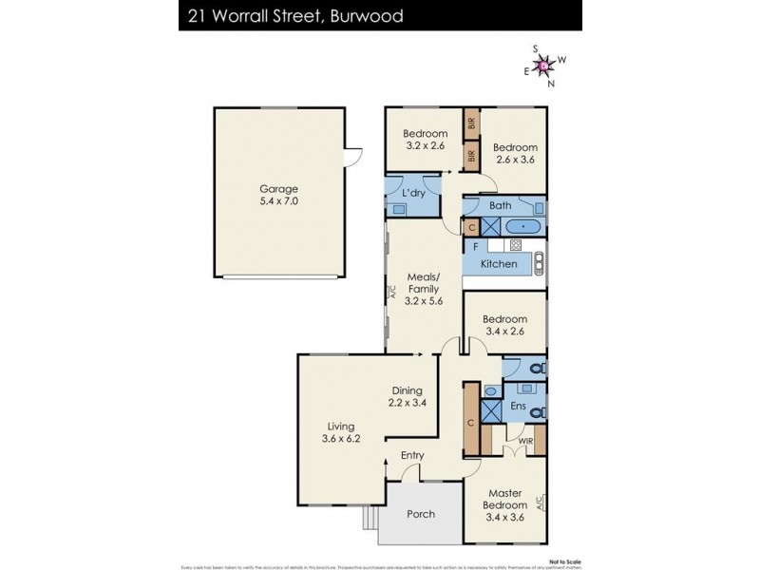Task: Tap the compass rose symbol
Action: point(543,66)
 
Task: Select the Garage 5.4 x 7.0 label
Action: point(278,195)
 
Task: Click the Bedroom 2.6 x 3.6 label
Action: point(516,154)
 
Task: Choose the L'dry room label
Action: point(413,194)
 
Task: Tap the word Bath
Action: point(500,205)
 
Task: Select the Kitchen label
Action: point(499,263)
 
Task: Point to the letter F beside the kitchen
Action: point(473,246)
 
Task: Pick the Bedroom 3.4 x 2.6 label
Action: point(504,326)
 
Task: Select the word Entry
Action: point(412,455)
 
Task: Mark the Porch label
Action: point(420,514)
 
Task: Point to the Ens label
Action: point(519,406)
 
